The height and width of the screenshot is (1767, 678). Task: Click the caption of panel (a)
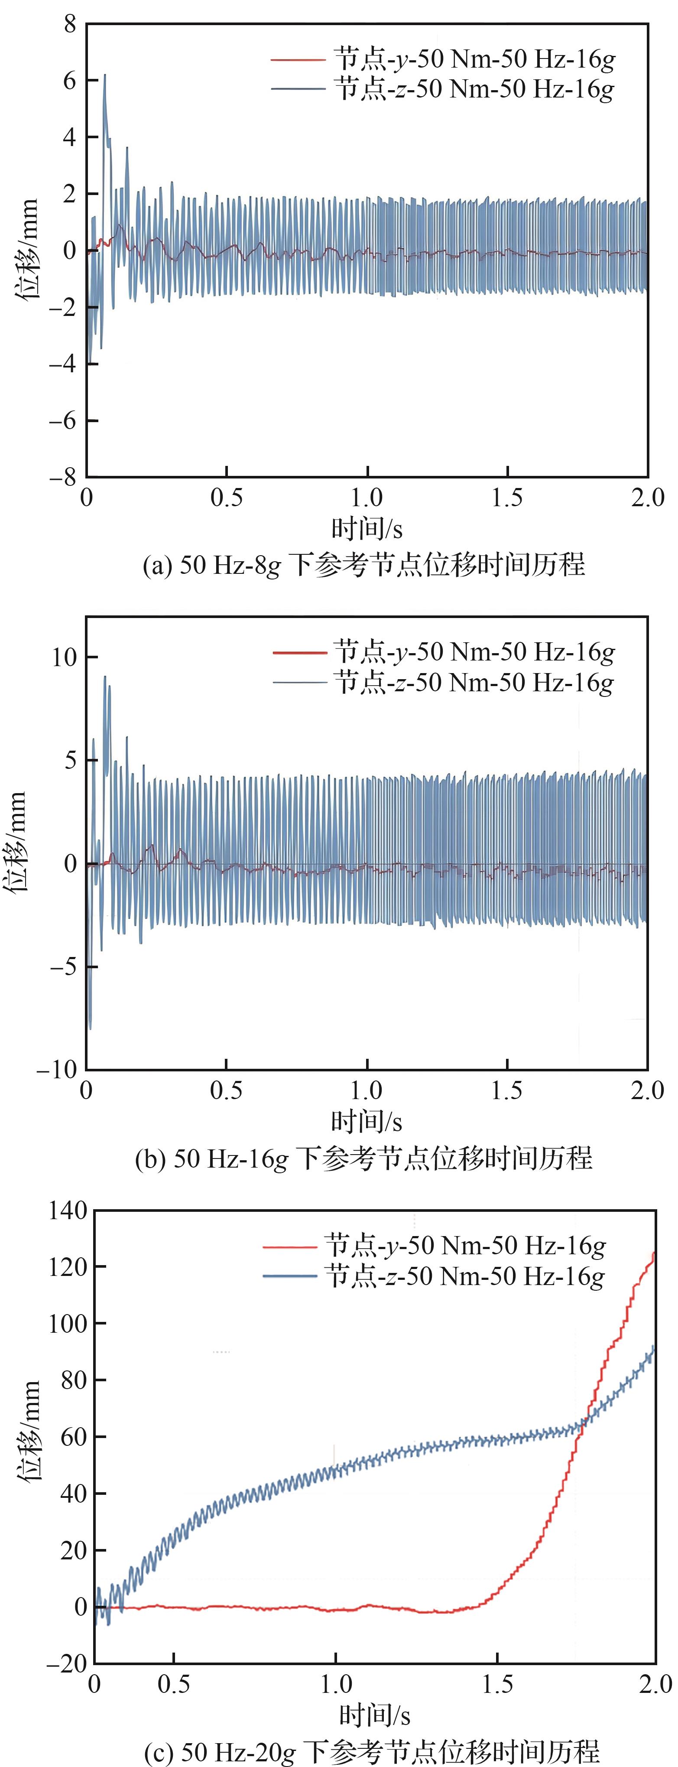363,565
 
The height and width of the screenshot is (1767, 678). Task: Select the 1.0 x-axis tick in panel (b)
367,1090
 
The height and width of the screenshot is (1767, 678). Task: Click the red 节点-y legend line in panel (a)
298,60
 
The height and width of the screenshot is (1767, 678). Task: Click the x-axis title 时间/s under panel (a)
367,528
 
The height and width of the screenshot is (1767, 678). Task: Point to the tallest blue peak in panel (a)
105,75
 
